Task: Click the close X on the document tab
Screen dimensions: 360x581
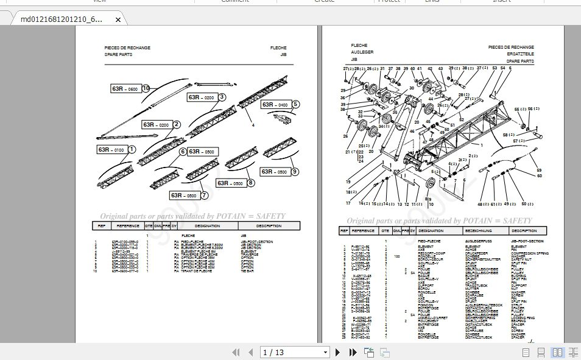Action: [x=118, y=19]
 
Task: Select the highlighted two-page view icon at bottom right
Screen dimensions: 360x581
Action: [x=557, y=352]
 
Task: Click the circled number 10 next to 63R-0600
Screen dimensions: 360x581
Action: [x=146, y=88]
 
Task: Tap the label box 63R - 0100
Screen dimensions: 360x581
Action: [x=110, y=150]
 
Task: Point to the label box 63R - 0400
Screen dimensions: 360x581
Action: [x=275, y=105]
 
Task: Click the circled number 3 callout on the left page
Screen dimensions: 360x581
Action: [x=222, y=97]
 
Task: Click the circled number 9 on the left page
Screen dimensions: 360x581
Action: [x=295, y=172]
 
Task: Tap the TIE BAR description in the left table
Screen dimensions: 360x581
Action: [x=247, y=270]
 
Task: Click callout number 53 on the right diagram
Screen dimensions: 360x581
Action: [x=494, y=69]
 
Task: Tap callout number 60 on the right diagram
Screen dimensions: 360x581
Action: [x=539, y=176]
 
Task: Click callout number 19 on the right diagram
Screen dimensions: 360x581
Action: [x=348, y=182]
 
